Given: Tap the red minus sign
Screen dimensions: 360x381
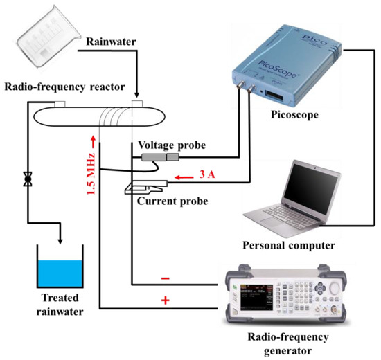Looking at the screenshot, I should point(166,277).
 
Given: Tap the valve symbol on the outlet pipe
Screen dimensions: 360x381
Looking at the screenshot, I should point(28,180).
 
